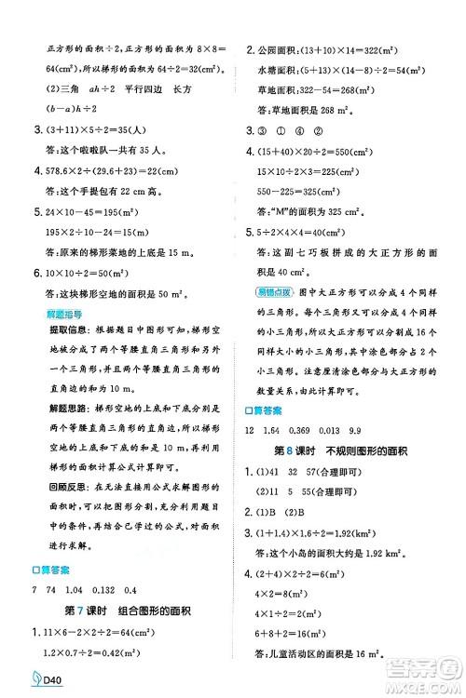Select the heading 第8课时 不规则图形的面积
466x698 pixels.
tap(353, 442)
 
